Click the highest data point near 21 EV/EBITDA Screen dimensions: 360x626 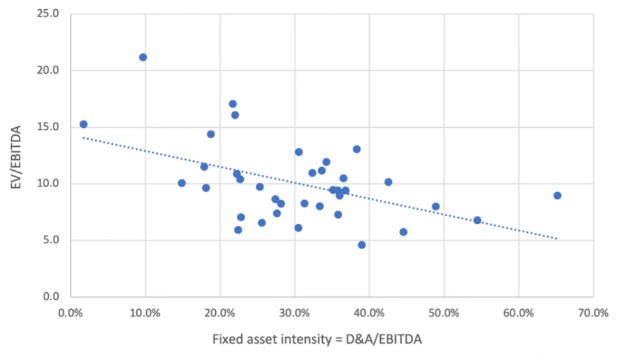[143, 57]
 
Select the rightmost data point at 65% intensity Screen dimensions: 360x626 [557, 196]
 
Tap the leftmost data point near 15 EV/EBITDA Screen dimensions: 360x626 [83, 125]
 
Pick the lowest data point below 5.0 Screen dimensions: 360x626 [361, 245]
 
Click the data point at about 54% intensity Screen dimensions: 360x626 [477, 220]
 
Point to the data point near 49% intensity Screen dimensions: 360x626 [436, 207]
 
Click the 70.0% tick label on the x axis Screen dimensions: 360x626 [593, 312]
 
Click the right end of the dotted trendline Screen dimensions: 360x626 [557, 239]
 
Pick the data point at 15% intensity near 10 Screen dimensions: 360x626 [181, 183]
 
